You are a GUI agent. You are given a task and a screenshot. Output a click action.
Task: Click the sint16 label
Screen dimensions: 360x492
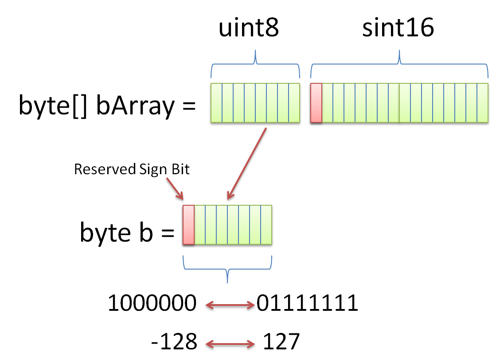(x=398, y=29)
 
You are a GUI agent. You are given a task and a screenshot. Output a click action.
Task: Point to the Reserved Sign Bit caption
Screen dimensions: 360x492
(x=132, y=169)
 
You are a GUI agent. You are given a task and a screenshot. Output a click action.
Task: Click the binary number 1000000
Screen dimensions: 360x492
(x=152, y=304)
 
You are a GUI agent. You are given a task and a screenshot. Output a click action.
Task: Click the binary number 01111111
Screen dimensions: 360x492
(x=308, y=304)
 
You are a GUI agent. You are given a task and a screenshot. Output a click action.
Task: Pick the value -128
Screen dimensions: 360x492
(x=174, y=342)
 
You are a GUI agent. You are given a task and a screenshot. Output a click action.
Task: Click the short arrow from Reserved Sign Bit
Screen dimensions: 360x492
(x=176, y=189)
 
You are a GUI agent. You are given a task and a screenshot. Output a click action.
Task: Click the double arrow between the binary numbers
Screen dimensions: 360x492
(x=230, y=305)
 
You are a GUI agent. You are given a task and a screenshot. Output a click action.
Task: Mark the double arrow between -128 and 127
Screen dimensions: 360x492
(x=230, y=344)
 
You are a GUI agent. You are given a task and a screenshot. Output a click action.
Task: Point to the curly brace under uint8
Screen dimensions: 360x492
(x=255, y=65)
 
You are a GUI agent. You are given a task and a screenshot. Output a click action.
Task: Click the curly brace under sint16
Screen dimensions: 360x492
(x=399, y=65)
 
